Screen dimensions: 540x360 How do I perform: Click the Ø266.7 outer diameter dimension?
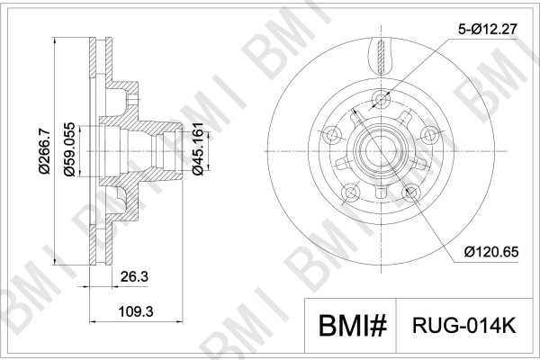44,151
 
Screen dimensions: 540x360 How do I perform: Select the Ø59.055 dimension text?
69,149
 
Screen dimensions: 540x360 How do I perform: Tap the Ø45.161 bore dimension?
198,148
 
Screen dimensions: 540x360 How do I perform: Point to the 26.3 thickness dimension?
134,276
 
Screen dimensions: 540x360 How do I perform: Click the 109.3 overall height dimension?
136,311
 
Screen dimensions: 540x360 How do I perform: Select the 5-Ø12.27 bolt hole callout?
488,30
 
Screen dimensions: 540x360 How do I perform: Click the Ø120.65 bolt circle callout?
491,252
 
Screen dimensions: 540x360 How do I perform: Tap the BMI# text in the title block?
352,325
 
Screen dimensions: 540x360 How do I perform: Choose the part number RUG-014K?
463,325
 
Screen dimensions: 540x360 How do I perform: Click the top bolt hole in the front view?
381,100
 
